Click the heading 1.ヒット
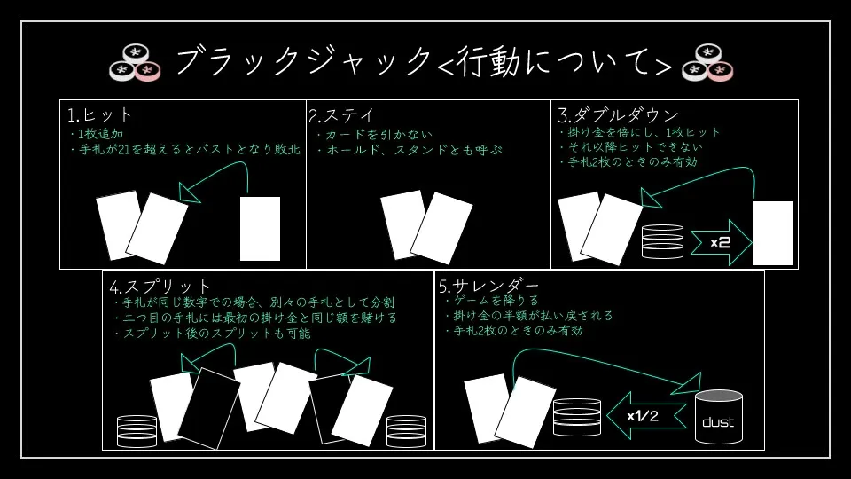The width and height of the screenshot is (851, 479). tap(100, 115)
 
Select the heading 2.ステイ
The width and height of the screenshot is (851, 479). tap(341, 115)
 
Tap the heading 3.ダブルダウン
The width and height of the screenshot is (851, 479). tap(618, 115)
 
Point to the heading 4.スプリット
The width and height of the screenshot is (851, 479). tap(160, 287)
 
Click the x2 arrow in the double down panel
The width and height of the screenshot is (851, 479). tap(720, 242)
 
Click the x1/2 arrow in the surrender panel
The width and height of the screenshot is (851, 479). tap(646, 415)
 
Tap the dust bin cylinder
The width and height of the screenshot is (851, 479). tap(718, 419)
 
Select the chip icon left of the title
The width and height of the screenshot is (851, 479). tap(136, 62)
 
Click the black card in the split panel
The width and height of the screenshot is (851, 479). tap(209, 407)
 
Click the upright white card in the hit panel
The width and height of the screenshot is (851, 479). tap(260, 229)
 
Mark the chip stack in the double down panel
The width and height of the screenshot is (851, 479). tap(662, 241)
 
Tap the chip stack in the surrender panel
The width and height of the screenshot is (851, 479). tap(576, 417)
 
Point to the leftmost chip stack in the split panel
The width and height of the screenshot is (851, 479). tap(137, 430)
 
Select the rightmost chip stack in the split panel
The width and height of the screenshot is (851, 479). tap(406, 430)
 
